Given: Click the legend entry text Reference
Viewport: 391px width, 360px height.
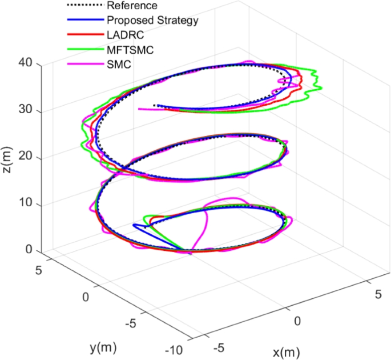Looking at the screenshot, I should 132,6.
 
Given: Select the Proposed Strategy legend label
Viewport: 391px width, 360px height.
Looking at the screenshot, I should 152,21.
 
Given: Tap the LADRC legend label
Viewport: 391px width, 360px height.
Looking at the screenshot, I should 123,35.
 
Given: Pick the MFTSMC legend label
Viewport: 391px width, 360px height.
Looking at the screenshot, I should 129,50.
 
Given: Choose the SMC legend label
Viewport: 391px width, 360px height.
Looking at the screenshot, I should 118,65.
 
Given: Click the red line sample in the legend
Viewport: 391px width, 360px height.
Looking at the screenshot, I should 85,35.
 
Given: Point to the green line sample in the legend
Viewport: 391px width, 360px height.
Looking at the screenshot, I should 85,50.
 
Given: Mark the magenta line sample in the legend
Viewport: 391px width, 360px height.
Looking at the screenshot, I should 85,65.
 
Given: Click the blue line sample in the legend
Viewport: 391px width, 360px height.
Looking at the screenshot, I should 85,21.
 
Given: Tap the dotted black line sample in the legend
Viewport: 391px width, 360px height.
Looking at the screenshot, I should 85,6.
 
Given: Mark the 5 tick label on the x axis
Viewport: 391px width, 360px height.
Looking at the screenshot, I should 377,294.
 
